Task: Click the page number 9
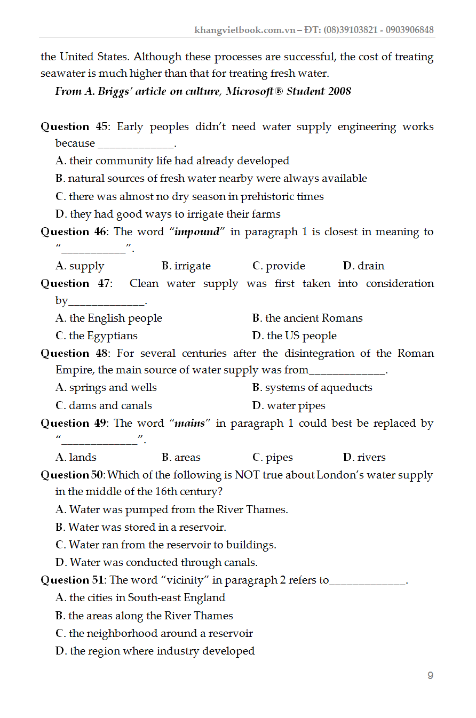point(430,675)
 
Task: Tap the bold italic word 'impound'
point(197,232)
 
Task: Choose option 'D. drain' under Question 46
point(363,266)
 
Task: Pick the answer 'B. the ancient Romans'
point(307,318)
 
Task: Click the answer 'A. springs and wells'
point(106,387)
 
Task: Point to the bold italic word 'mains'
point(189,424)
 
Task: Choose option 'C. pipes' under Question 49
point(273,457)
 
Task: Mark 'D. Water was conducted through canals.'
point(156,562)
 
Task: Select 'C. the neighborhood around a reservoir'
point(154,633)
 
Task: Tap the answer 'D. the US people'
point(295,336)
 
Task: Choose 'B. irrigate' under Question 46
point(186,266)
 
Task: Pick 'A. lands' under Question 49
point(76,457)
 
